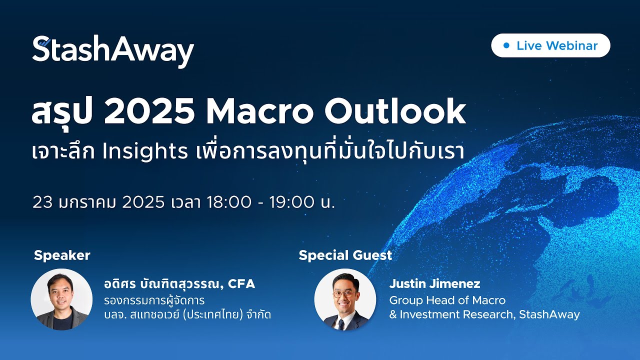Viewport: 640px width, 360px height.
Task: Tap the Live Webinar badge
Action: coord(550,45)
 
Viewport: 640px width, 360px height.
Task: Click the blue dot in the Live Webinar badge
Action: coord(506,45)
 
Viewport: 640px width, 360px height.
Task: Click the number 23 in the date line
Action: coord(42,202)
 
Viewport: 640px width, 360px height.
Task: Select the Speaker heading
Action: coord(62,255)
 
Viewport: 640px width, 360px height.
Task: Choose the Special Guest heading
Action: coord(345,255)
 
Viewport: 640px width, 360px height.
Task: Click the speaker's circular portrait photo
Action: coord(61,299)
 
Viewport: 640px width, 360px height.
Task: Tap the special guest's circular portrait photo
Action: coord(345,299)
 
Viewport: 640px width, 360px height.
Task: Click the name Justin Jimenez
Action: coord(434,284)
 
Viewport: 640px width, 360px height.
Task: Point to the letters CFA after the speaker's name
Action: coord(241,284)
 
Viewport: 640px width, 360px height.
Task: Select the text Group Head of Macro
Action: coord(447,300)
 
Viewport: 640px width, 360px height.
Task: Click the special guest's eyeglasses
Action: coord(343,294)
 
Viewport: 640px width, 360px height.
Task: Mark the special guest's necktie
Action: coord(341,322)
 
